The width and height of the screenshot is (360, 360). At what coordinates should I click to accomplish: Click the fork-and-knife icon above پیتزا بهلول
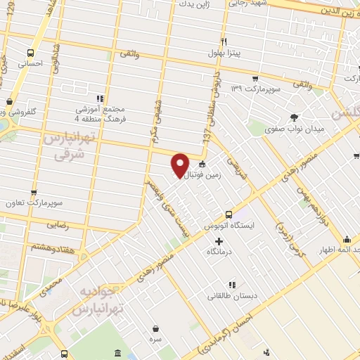point(224,41)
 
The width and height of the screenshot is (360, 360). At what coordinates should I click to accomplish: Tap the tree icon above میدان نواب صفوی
point(295,117)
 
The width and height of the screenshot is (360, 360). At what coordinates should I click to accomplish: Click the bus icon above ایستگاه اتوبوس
point(228,214)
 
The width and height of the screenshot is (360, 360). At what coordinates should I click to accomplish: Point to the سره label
point(155,340)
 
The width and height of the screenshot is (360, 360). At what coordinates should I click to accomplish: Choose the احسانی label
point(30,63)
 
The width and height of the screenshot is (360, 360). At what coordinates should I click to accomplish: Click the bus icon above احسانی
point(30,52)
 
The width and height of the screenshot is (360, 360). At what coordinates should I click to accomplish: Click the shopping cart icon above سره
point(155,328)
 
